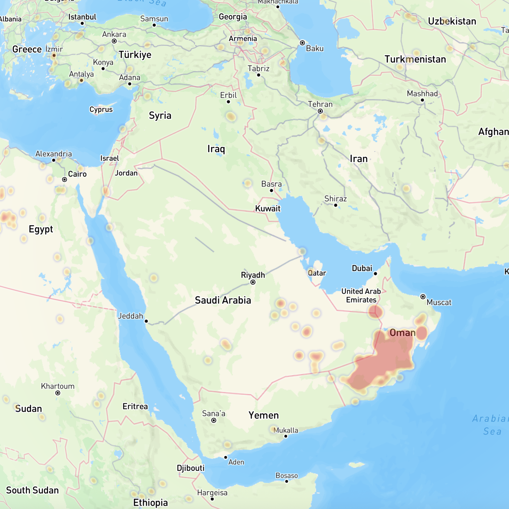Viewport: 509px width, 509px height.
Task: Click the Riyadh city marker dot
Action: [253, 282]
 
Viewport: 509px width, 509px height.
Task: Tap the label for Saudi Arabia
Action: [223, 300]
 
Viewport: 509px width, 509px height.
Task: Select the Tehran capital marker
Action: [320, 111]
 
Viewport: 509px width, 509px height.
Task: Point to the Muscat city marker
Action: [423, 297]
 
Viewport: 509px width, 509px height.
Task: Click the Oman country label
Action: [402, 333]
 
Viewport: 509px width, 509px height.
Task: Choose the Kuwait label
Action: [268, 209]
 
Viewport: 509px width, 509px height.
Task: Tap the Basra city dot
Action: [271, 191]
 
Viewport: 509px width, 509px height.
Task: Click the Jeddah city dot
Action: [146, 321]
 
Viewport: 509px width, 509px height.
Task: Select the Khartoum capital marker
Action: [58, 393]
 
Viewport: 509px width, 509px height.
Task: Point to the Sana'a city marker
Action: [214, 421]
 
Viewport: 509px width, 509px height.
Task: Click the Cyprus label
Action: [101, 109]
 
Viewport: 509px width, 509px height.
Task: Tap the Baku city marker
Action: [302, 43]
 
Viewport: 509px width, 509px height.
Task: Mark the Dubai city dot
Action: [376, 274]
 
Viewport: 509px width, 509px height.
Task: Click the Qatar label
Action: [317, 273]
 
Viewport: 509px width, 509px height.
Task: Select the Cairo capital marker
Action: [64, 180]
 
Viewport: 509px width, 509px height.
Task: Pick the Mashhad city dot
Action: [422, 100]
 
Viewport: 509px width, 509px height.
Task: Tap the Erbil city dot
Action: [228, 102]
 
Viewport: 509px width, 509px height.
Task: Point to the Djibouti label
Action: [191, 468]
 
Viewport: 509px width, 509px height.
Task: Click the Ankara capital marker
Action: [114, 41]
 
